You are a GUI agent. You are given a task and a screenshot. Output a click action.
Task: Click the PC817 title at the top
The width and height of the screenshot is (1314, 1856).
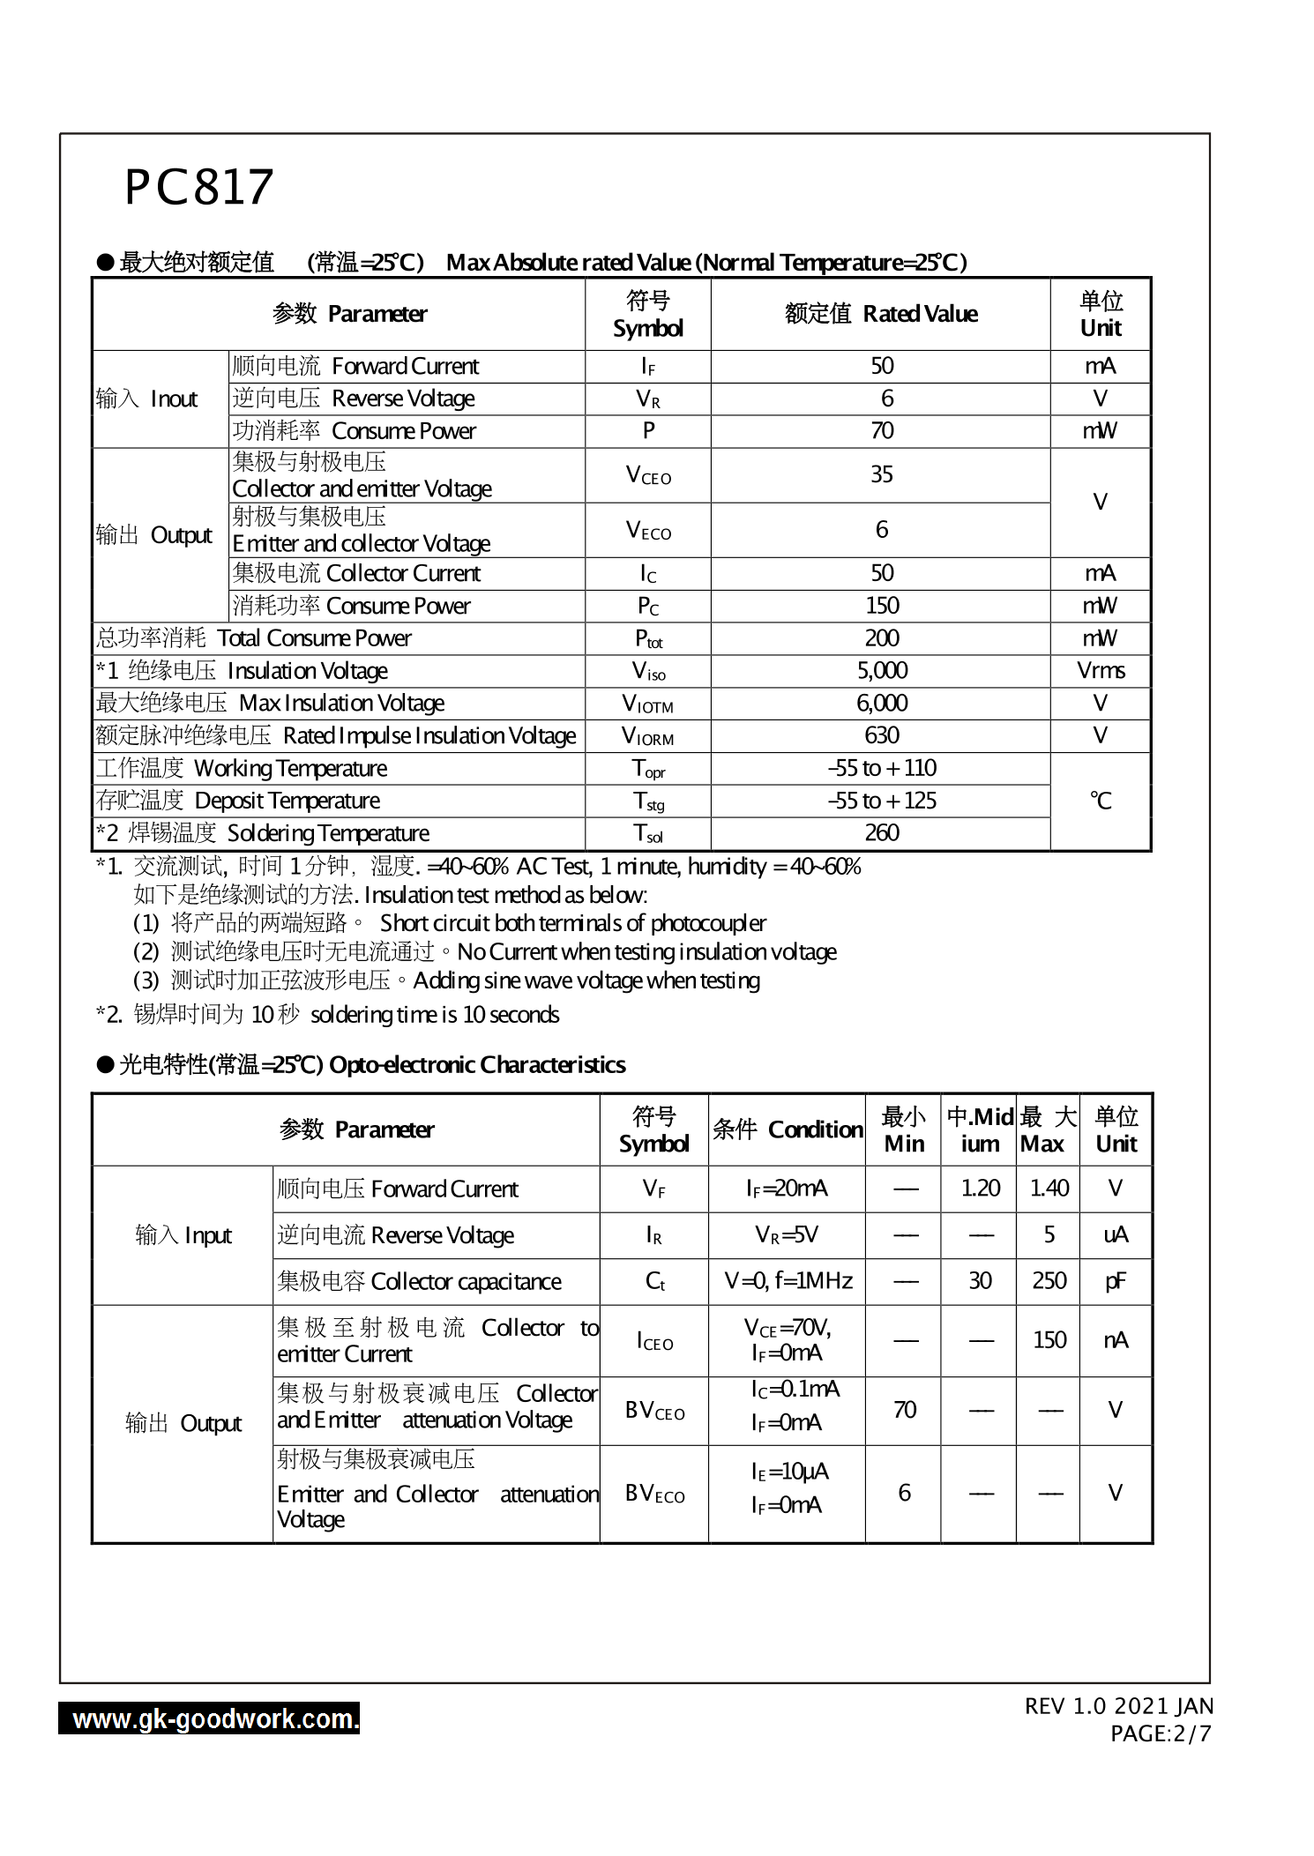199,187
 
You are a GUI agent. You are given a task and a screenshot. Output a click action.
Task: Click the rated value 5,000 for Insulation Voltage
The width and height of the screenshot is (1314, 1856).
881,671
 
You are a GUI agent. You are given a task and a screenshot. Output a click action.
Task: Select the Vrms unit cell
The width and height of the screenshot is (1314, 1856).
1100,671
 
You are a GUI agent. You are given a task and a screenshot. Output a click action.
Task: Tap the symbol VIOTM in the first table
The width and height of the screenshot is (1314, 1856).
647,704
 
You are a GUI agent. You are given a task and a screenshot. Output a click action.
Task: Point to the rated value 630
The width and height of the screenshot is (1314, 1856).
881,735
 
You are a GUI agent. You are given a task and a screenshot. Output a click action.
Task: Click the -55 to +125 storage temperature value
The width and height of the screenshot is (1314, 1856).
881,801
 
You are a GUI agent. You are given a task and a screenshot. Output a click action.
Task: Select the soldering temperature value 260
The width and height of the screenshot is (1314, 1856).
881,833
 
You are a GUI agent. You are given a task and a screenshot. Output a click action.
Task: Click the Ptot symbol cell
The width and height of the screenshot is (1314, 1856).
648,638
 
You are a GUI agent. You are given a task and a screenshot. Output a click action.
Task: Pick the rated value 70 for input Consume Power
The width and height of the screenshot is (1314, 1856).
881,431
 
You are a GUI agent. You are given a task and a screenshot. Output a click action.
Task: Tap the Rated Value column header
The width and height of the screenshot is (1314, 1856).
881,314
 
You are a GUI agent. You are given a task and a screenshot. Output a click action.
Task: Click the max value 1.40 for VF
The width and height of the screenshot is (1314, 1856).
1049,1189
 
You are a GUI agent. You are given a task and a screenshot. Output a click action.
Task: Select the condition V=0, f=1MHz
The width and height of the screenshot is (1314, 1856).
788,1281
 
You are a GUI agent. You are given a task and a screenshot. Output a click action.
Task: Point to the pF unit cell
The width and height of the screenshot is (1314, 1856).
1115,1281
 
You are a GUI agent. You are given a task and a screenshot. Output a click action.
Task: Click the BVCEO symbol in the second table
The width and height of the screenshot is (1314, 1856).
654,1411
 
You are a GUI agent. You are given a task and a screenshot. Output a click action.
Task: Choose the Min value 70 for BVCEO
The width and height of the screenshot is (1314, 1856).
904,1410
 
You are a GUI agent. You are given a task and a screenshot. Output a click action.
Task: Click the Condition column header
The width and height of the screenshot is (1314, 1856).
787,1129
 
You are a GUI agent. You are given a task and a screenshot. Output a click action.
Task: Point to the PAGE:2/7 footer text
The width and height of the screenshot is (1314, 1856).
1160,1733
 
